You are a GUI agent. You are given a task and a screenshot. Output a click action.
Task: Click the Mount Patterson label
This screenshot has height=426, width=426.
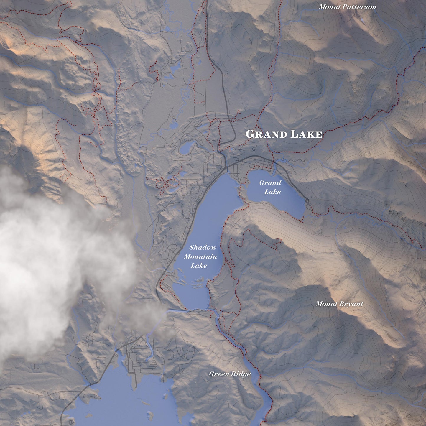(347, 7)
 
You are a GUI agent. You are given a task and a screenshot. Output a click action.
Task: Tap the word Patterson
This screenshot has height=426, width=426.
(361, 7)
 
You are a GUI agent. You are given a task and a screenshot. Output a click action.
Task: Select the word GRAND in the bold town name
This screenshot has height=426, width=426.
(266, 134)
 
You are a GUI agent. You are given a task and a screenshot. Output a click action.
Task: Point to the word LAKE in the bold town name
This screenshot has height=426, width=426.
(306, 134)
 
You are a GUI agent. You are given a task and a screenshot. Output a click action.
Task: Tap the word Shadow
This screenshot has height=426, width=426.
(203, 247)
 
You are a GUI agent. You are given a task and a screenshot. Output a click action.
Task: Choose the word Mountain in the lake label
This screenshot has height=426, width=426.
(200, 256)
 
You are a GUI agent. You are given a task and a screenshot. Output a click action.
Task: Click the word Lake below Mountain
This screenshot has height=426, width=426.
(199, 266)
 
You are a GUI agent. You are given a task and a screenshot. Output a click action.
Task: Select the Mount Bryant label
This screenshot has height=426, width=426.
(339, 304)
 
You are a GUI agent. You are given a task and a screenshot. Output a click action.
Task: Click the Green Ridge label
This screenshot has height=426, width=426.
(230, 374)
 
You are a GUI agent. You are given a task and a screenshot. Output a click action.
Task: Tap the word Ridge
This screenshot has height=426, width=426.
(241, 374)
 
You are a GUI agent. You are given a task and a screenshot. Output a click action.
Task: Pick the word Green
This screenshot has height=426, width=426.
(219, 374)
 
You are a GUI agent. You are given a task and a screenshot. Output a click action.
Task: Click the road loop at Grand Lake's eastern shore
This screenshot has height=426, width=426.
(307, 201)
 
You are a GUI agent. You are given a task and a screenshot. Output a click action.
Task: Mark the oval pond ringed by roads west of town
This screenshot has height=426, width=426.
(186, 148)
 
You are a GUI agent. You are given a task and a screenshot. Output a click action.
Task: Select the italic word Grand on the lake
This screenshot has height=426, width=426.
(270, 182)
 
